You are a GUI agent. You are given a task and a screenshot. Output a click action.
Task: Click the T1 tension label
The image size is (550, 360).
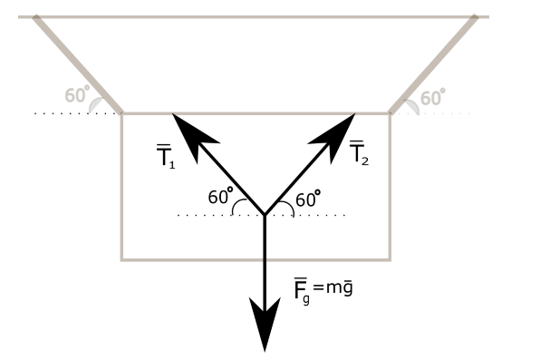164,158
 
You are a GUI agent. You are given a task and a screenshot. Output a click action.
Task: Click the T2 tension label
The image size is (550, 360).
359,152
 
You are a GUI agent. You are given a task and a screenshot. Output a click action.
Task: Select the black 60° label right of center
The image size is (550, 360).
309,198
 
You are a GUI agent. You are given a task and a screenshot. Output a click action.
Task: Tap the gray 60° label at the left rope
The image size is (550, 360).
77,95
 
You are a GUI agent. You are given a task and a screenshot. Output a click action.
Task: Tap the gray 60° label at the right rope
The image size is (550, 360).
434,95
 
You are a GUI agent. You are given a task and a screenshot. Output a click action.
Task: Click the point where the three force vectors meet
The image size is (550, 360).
265,215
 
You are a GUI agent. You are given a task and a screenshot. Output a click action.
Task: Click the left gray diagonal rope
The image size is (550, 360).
77,63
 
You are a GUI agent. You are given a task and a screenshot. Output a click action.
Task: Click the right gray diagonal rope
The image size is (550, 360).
433,63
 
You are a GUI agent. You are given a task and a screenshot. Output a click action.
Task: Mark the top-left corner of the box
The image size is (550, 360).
122,113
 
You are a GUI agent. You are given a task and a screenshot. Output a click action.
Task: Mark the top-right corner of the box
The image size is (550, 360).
390,113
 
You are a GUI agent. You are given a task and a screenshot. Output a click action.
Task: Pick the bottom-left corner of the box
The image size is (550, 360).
122,260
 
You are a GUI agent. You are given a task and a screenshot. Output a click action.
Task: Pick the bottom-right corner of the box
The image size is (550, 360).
390,260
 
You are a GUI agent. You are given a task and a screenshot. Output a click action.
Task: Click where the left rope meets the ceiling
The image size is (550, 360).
35,17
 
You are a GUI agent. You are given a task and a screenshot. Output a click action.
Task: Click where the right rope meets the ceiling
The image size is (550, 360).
475,17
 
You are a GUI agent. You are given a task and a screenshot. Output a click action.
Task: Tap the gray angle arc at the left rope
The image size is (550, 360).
96,105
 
